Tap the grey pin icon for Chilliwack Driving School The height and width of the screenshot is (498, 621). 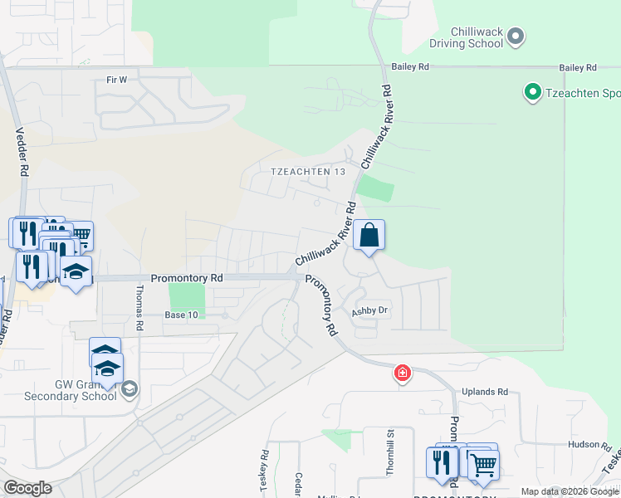tap(516, 36)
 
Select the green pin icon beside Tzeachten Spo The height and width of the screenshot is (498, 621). tap(532, 91)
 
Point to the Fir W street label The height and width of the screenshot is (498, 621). tap(117, 80)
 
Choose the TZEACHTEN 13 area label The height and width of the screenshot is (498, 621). tap(308, 171)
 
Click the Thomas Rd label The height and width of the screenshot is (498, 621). tap(139, 308)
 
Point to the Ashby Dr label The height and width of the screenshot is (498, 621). tap(370, 310)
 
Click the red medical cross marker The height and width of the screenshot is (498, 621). tap(403, 373)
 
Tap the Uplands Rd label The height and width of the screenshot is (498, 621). tap(491, 392)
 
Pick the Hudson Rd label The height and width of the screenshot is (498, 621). tap(584, 445)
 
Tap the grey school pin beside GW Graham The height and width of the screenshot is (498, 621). tap(129, 388)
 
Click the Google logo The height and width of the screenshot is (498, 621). tap(27, 487)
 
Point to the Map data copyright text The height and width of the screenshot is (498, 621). tap(570, 491)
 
